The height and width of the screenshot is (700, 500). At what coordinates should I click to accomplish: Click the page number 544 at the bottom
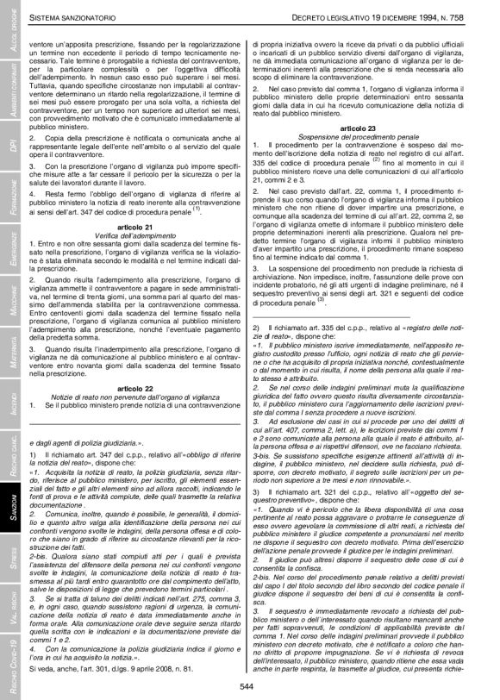250,686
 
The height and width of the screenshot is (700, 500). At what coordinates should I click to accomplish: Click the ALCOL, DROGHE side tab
11,38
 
